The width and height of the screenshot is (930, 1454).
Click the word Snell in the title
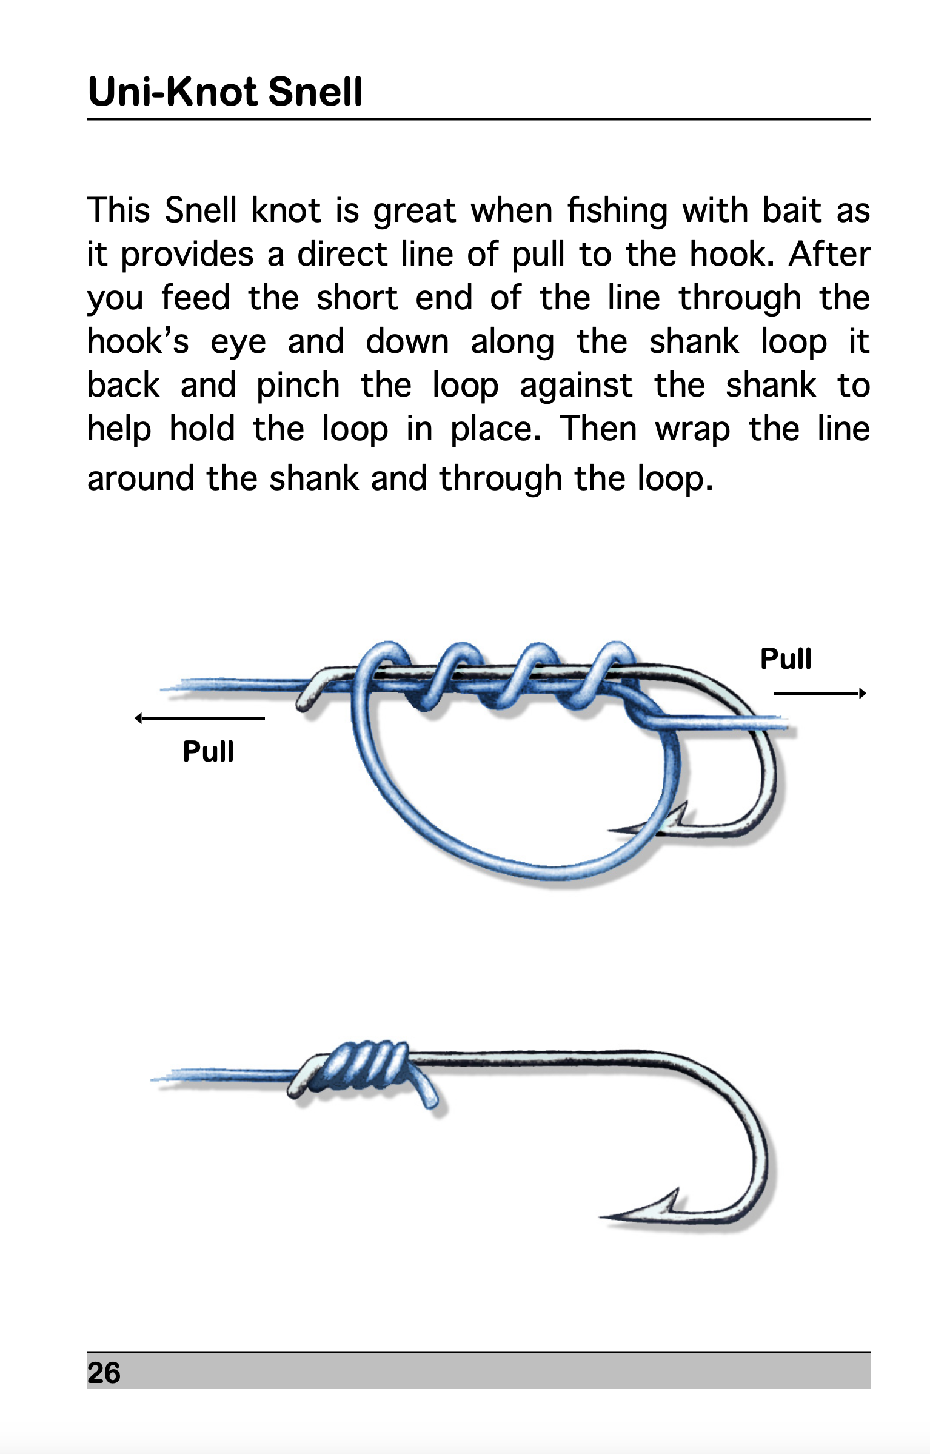coord(315,92)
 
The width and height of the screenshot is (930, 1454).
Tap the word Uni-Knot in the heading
coord(174,92)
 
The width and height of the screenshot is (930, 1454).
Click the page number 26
coord(104,1373)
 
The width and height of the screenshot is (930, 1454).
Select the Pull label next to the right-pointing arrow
coord(786,659)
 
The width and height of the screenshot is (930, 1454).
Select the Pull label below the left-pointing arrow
coord(208,752)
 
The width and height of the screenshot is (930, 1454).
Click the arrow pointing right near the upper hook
coord(820,693)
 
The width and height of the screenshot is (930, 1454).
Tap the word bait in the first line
coord(791,211)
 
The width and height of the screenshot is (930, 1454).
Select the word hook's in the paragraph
coord(138,342)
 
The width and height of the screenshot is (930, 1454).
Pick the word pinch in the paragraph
coord(298,386)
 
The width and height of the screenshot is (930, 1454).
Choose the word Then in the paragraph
coord(598,429)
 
